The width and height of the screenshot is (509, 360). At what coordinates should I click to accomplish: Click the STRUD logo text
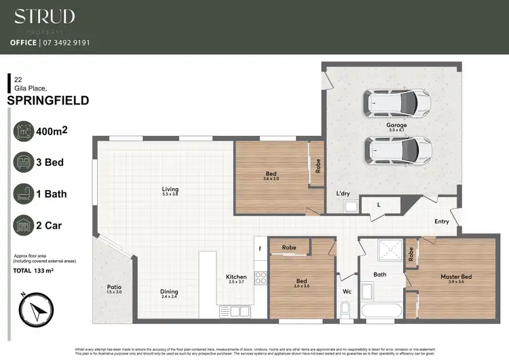click(x=45, y=16)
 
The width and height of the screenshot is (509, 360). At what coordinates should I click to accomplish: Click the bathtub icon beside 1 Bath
click(x=24, y=194)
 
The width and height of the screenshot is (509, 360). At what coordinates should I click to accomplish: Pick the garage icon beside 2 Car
click(x=24, y=226)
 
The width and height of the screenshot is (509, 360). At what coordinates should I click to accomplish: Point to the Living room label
click(x=170, y=191)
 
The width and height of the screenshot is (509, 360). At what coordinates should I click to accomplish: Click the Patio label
click(x=114, y=288)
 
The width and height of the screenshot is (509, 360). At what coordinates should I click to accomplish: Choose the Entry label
click(x=442, y=221)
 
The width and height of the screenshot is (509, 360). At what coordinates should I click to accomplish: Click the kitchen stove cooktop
click(x=260, y=278)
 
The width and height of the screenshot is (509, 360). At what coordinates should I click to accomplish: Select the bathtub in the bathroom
click(x=380, y=311)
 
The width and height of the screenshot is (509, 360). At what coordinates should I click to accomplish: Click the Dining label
click(x=169, y=293)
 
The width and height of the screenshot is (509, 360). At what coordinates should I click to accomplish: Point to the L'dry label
click(x=343, y=194)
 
